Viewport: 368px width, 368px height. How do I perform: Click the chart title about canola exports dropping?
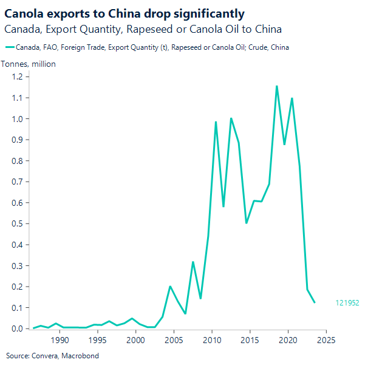point(124,14)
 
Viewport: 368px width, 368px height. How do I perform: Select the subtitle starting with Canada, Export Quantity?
point(143,29)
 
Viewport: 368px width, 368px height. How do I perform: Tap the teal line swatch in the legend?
point(10,47)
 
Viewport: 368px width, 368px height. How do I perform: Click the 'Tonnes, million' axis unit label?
point(29,64)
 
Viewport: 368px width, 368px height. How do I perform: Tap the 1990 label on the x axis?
point(60,340)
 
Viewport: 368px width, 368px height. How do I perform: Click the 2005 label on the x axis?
point(174,340)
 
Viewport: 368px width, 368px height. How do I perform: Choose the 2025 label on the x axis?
point(325,340)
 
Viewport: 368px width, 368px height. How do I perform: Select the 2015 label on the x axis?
point(250,340)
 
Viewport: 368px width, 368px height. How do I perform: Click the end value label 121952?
point(347,302)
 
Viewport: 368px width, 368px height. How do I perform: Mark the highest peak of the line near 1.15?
point(277,86)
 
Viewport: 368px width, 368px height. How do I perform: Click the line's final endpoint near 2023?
point(315,302)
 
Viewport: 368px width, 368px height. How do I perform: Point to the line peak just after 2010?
point(216,122)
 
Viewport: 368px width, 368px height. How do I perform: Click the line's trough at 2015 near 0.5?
point(246,223)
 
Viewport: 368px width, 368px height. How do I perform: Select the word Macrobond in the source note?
point(82,356)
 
